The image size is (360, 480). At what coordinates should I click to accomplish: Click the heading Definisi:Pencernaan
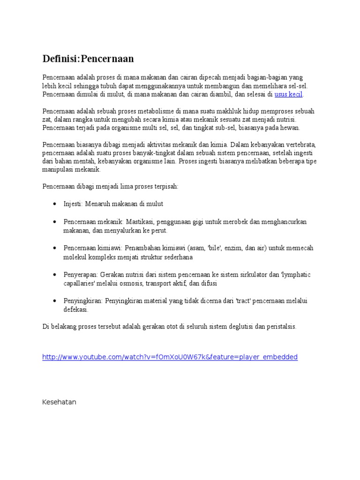[88, 59]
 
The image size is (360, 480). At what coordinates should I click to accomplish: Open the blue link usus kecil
[289, 94]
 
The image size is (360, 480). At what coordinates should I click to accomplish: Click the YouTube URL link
[170, 357]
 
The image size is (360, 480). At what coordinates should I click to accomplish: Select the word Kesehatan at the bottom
[59, 402]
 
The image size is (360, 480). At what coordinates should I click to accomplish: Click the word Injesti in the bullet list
[73, 204]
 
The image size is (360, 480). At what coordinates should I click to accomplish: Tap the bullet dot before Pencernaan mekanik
[55, 222]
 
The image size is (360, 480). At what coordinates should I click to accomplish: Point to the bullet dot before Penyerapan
[55, 275]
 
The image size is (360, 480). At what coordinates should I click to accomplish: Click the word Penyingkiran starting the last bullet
[83, 300]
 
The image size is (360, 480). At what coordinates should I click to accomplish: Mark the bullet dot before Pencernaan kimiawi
[55, 248]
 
